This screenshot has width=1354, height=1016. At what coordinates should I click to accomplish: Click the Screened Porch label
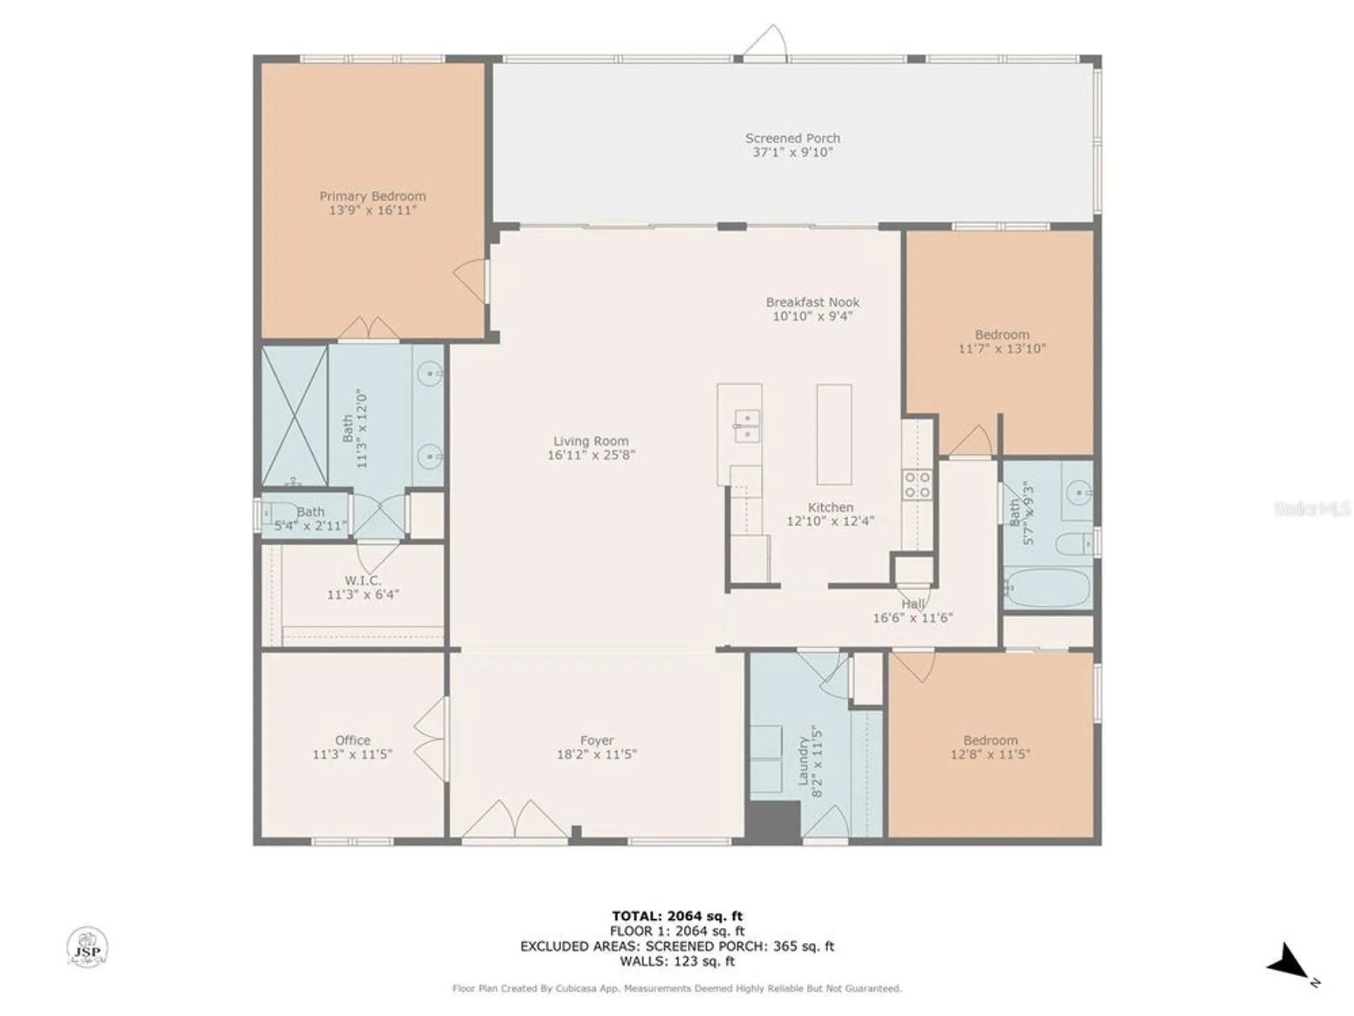click(792, 138)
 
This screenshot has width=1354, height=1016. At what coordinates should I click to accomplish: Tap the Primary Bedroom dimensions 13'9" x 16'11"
click(372, 211)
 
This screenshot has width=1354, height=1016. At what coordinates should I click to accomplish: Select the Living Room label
click(590, 441)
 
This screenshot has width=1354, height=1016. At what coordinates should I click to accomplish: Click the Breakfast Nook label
click(812, 302)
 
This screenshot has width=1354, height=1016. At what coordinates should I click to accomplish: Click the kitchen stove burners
click(917, 485)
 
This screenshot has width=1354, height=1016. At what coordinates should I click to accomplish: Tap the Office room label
click(352, 740)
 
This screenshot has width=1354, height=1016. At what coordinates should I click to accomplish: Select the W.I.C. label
click(363, 580)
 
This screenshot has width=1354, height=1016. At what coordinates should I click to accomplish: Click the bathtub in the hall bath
click(1047, 588)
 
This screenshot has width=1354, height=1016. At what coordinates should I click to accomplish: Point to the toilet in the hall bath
click(1075, 543)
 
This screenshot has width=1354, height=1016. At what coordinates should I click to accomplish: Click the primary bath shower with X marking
click(294, 415)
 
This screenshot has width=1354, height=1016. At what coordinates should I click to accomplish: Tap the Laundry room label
click(804, 760)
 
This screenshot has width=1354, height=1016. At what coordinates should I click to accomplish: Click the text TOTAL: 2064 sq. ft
click(677, 916)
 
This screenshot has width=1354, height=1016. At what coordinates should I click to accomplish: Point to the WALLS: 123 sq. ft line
click(677, 960)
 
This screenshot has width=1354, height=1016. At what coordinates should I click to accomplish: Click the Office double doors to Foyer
click(431, 738)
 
